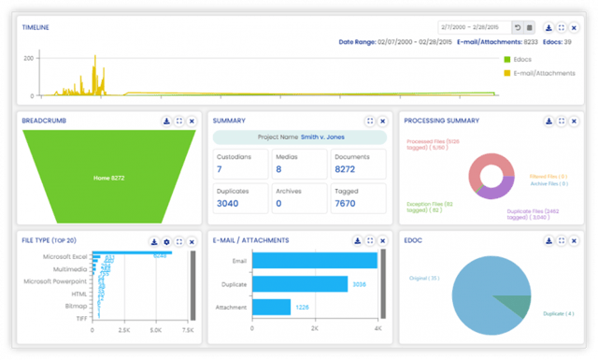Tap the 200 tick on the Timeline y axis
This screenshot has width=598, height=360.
tap(29, 58)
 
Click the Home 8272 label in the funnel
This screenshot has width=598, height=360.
tap(108, 177)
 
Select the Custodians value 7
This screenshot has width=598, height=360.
tap(220, 169)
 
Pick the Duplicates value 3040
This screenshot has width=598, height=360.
tap(227, 202)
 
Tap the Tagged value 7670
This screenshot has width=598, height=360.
tap(347, 202)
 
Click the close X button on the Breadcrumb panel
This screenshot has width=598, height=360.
tap(192, 121)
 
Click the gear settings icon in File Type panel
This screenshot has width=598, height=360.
tap(165, 240)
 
